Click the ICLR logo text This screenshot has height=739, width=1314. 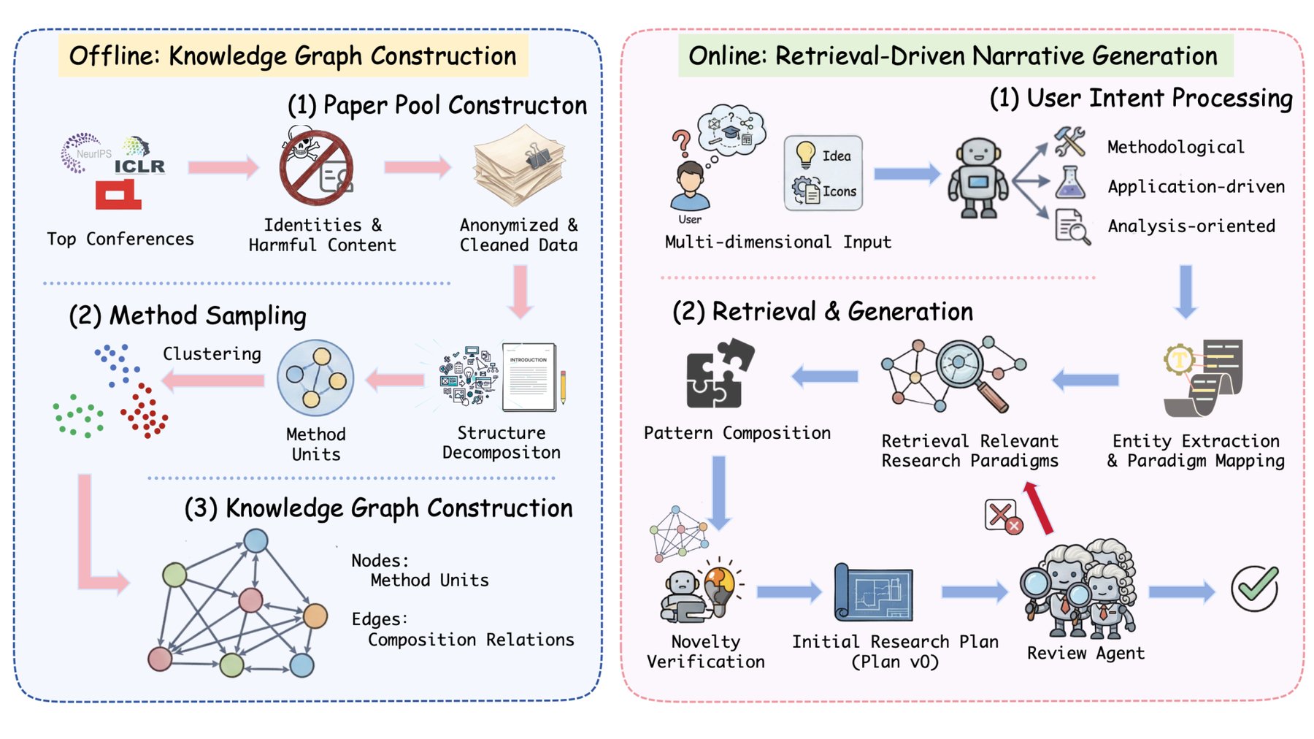(x=139, y=166)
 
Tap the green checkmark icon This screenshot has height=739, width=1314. (x=1255, y=589)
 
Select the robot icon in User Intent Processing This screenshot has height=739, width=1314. (x=977, y=179)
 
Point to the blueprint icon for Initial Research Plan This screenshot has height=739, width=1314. (x=874, y=592)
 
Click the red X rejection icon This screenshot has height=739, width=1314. (x=1003, y=517)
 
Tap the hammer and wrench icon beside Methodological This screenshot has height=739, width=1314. (x=1070, y=142)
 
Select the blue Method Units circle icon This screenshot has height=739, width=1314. (x=315, y=378)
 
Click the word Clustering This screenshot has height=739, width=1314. (x=212, y=354)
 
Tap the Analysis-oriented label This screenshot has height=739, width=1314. (x=1191, y=226)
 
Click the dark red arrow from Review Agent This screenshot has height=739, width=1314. (x=1038, y=508)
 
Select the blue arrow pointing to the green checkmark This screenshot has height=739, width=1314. (x=1182, y=591)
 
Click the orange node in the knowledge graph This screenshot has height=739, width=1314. (x=315, y=616)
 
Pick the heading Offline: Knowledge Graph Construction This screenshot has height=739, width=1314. (x=293, y=55)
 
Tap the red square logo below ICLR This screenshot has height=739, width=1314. (x=118, y=195)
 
